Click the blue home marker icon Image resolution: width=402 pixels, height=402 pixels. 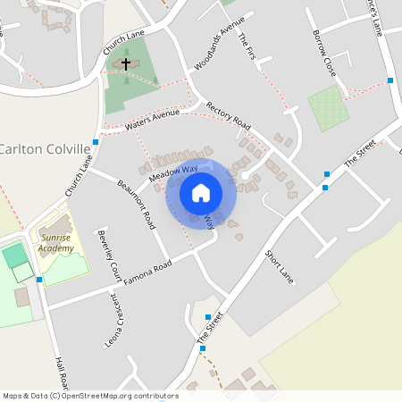pos(201,191)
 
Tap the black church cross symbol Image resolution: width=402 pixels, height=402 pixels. pos(126,63)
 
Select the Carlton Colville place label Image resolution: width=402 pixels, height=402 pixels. pos(46,148)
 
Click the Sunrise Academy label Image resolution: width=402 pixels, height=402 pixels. pos(55,244)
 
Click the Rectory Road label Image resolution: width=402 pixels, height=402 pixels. pos(229,113)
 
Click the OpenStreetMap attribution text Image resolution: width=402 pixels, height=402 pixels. pos(90,395)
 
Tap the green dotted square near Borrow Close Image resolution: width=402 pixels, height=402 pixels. pos(328,109)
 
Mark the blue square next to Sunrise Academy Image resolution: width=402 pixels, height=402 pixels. pos(39,280)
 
